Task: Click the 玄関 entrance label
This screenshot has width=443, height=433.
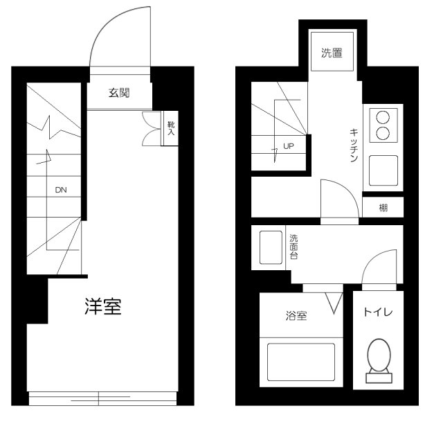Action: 119,93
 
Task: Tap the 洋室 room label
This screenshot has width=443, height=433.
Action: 103,307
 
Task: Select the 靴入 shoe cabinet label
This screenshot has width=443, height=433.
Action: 171,128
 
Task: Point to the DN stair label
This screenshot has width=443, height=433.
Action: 61,190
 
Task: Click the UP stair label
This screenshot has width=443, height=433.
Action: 289,146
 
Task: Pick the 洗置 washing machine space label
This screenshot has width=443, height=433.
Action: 332,53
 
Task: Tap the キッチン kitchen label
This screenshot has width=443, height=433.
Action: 354,145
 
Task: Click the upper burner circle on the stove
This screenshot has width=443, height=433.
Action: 383,117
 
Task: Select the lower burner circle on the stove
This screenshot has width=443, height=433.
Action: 383,133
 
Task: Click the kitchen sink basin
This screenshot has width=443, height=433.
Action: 383,170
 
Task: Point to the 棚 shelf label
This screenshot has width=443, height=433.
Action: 383,208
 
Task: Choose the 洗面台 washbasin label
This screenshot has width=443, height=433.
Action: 293,247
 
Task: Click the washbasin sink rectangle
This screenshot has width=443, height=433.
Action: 271,247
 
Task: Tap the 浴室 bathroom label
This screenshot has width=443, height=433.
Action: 296,316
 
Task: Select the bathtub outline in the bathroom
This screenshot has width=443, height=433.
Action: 301,362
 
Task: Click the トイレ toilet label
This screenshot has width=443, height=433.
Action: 378,312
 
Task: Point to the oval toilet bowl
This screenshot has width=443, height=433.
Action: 379,355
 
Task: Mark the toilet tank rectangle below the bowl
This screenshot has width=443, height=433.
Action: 379,378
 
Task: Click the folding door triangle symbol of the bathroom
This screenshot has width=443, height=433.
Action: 334,303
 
